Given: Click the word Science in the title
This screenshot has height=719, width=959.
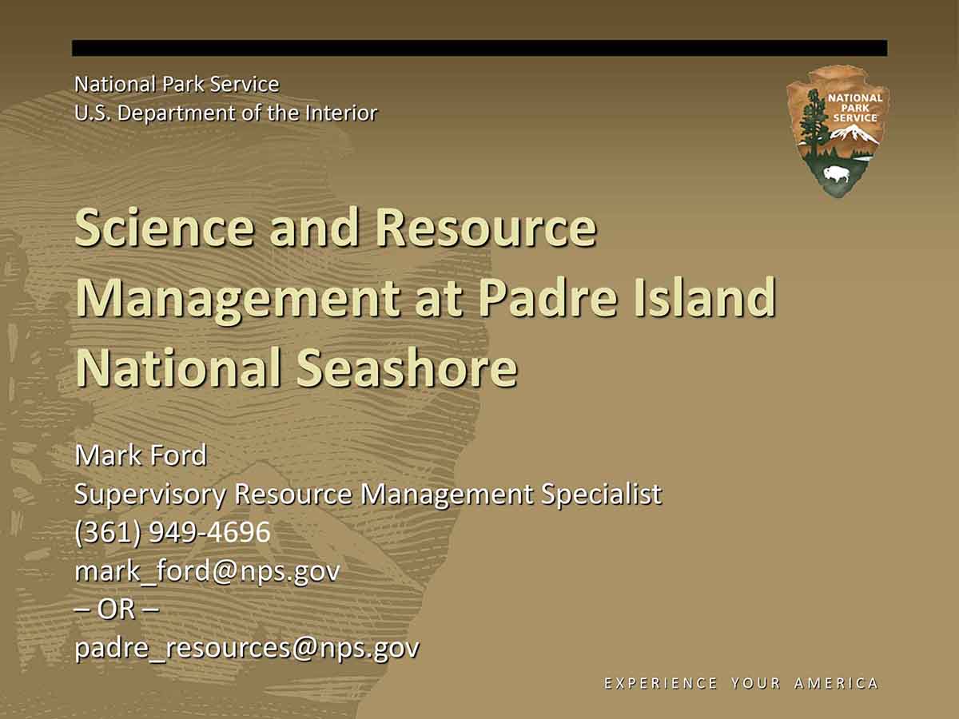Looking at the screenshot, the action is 165,228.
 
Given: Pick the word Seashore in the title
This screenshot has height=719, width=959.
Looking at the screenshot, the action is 407,367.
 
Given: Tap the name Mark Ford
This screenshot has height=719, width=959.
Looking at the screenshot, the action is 141,455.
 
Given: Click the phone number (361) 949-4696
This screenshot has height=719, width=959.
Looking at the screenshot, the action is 173,532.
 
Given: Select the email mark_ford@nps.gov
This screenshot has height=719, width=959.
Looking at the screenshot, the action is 207,571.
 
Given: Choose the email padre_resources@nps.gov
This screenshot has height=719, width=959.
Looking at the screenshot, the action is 247,648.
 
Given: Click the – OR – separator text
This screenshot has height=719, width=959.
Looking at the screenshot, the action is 117,609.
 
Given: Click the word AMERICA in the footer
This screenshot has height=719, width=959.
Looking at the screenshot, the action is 836,683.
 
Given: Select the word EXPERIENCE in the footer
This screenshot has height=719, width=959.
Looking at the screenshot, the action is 660,683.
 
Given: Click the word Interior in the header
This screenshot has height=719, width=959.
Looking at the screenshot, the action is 341,113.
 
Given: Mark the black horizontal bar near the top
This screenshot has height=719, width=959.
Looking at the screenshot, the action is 479,48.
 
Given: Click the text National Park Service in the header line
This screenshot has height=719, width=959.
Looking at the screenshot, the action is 177,84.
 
